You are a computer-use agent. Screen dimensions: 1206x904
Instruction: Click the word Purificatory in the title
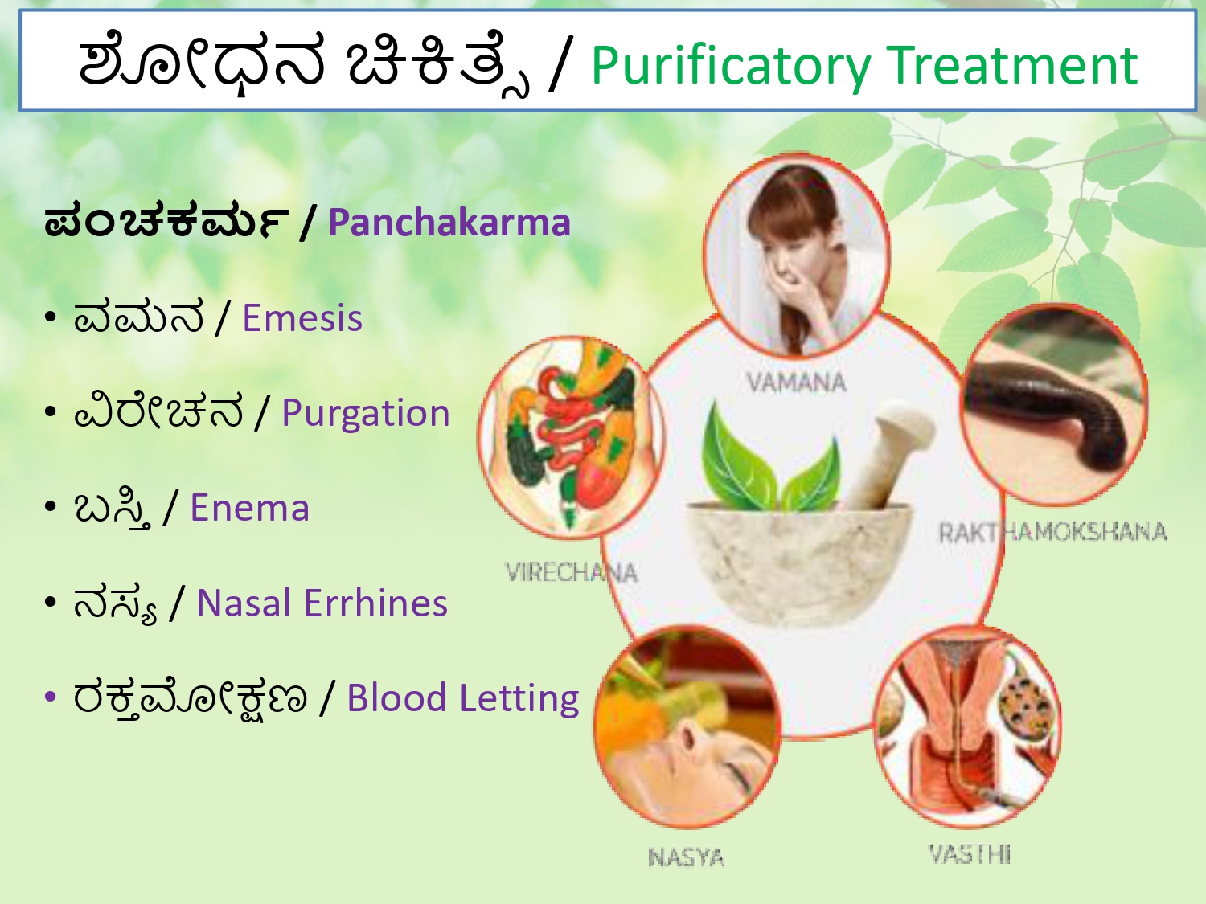click(732, 67)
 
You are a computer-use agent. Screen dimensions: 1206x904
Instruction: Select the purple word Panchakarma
click(449, 223)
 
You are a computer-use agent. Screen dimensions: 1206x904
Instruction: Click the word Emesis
click(302, 317)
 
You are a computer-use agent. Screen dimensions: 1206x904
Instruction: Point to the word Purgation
click(365, 414)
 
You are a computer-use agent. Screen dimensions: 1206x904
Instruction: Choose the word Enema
click(250, 508)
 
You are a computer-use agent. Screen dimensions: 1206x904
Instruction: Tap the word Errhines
click(375, 603)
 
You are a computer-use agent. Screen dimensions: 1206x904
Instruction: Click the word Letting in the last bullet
click(519, 698)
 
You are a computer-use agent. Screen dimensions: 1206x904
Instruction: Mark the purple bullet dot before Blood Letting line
click(51, 697)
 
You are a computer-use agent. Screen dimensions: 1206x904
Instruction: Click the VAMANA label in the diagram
click(796, 382)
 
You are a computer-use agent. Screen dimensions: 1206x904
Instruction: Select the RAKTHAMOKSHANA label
click(1052, 533)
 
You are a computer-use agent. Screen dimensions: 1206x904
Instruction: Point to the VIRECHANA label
click(572, 572)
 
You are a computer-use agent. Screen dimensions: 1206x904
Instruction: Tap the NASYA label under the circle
click(686, 857)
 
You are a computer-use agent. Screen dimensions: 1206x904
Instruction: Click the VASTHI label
click(970, 854)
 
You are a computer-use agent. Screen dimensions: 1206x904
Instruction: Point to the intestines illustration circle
click(572, 437)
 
